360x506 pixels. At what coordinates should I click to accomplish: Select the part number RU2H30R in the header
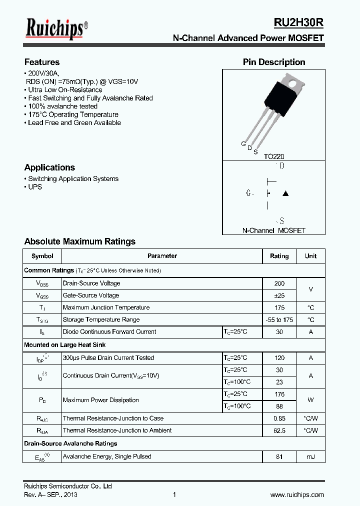298,23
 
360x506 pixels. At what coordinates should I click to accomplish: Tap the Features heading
42,62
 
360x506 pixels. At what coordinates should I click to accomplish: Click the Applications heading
49,167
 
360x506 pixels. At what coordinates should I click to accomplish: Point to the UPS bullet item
35,187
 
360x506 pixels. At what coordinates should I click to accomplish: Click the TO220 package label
274,156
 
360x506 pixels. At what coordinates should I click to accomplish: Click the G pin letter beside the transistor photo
243,144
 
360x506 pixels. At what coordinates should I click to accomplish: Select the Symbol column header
42,256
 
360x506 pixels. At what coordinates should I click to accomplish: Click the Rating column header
279,256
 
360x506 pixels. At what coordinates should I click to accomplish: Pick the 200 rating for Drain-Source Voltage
279,283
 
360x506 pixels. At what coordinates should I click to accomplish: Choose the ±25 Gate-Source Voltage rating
279,295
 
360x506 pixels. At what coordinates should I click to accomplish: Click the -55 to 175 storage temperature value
279,320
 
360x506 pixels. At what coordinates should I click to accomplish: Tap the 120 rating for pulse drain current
279,358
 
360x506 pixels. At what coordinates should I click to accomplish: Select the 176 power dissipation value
279,394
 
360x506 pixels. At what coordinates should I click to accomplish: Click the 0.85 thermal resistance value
279,418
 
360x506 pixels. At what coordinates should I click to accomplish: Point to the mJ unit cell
310,456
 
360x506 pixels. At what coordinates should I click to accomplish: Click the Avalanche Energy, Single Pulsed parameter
107,456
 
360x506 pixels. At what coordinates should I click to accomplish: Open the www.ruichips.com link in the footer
297,495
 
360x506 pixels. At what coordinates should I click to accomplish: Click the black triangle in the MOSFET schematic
285,193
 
